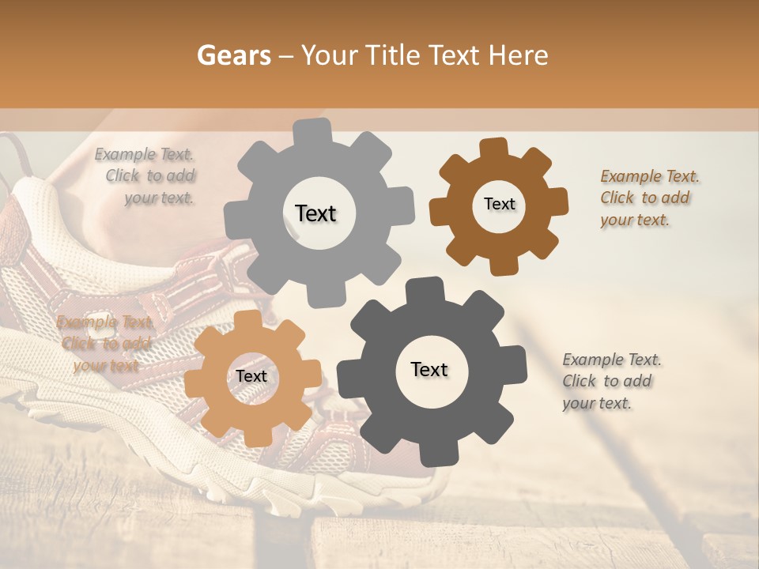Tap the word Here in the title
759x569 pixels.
click(x=519, y=55)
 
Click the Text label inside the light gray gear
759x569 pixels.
click(x=315, y=213)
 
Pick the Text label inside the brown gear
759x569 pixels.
click(x=499, y=204)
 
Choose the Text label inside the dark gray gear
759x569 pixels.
click(x=429, y=369)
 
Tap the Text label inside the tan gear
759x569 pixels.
click(x=251, y=376)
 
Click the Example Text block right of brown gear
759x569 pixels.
click(x=645, y=198)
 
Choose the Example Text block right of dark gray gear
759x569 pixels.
click(x=609, y=381)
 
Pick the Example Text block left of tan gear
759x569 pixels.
click(x=105, y=343)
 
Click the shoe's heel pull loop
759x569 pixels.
click(x=14, y=150)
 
